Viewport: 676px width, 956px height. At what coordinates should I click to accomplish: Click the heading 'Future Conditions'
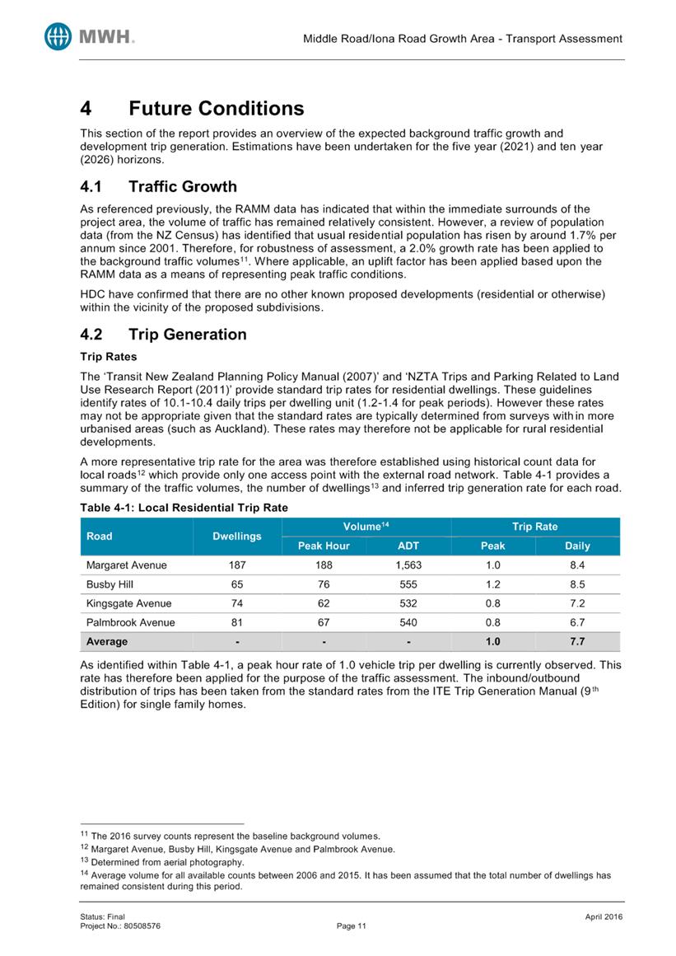pos(217,109)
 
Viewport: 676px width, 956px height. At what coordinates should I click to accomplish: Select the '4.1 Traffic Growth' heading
pos(158,187)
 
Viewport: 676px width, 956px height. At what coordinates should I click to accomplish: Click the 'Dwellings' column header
pos(237,536)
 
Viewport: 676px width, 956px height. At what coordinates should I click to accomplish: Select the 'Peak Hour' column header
pos(324,546)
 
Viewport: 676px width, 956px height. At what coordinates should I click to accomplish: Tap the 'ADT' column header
pos(408,546)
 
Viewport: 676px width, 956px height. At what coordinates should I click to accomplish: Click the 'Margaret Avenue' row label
pos(126,566)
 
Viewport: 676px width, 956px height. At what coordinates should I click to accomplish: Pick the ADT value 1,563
pos(408,566)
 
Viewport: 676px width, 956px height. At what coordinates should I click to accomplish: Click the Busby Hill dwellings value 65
pos(237,585)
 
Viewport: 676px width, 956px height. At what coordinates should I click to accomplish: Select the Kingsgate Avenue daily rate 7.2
pos(577,604)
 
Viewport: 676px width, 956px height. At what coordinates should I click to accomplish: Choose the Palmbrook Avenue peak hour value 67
pos(324,623)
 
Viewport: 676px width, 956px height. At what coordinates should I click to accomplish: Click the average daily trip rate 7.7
pos(577,641)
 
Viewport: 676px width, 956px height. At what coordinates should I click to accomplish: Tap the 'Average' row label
pos(106,641)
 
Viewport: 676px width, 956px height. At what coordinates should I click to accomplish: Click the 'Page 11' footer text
pos(352,926)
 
